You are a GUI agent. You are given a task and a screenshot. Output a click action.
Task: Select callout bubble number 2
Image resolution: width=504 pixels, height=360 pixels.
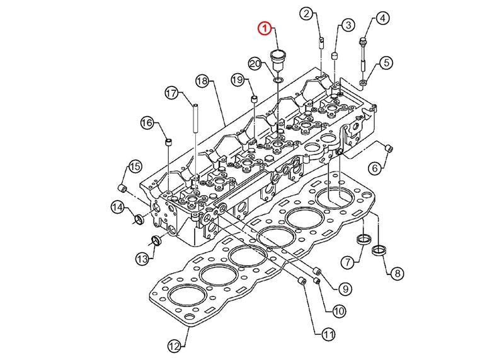(x=306, y=13)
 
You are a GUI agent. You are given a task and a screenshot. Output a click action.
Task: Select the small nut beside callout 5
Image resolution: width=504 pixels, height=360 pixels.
(x=364, y=83)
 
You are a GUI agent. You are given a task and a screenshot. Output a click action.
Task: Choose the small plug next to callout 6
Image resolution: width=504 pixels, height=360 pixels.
(x=389, y=148)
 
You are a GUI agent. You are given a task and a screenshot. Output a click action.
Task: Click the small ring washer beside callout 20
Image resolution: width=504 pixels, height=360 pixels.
(x=277, y=80)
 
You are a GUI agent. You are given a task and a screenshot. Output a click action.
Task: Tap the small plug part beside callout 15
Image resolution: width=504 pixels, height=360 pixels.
(x=123, y=189)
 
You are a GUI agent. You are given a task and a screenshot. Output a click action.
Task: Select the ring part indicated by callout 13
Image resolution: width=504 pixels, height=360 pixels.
(x=154, y=240)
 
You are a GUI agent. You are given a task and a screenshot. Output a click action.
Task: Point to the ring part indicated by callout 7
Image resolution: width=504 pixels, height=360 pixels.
(x=362, y=240)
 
